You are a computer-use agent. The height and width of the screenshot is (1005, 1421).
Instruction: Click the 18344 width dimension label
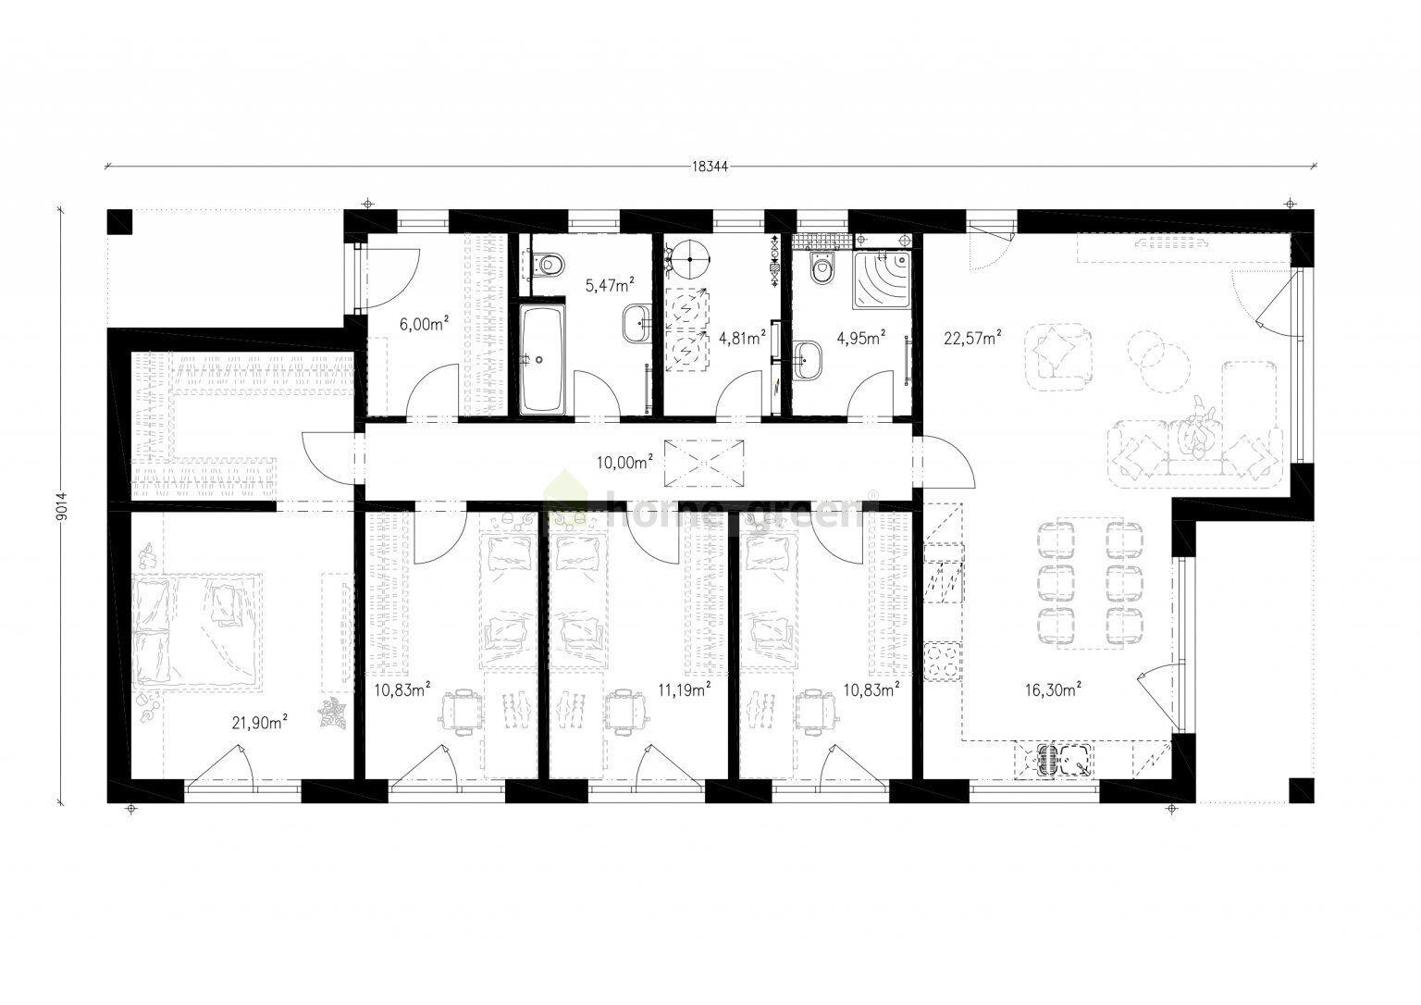pyautogui.click(x=710, y=167)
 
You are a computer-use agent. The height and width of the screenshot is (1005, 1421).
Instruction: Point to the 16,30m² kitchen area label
pyautogui.click(x=1054, y=689)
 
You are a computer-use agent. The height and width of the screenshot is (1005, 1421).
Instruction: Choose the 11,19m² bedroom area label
pyautogui.click(x=684, y=689)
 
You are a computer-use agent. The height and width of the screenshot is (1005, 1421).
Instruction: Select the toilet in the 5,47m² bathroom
pyautogui.click(x=549, y=265)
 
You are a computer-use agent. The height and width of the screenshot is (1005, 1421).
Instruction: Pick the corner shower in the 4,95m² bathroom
pyautogui.click(x=883, y=277)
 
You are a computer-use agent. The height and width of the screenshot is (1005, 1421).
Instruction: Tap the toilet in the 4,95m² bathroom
pyautogui.click(x=819, y=269)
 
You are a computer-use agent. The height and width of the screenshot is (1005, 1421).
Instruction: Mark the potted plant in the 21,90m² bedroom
pyautogui.click(x=331, y=714)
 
